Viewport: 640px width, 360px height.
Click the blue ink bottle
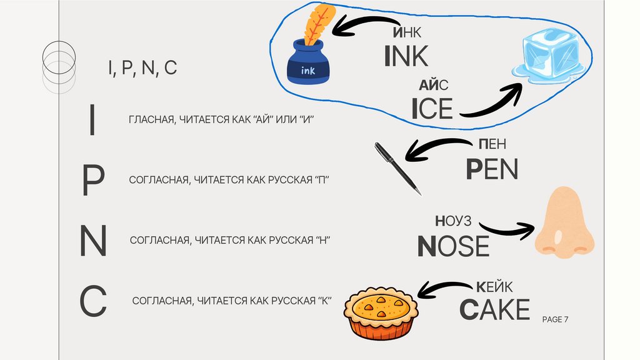pos(308,66)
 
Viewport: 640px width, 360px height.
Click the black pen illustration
pos(397,167)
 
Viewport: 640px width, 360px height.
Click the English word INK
pos(406,56)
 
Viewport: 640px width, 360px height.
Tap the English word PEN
pos(492,169)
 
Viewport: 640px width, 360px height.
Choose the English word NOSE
pos(453,246)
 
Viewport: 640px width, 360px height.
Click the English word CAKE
pos(494,309)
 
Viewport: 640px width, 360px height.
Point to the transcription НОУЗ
pos(452,221)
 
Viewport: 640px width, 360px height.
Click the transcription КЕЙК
pos(494,287)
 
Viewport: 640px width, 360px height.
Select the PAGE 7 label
pos(555,319)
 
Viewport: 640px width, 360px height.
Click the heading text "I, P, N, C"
pos(141,68)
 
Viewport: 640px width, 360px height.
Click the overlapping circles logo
pos(58,63)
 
